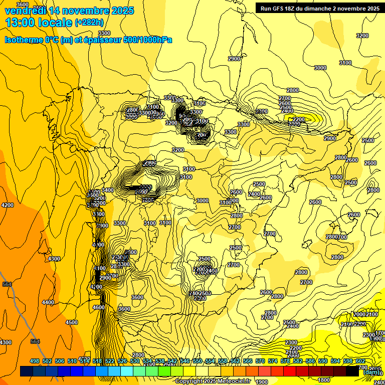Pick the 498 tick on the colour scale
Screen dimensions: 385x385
(35, 361)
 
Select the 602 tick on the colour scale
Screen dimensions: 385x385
(360, 361)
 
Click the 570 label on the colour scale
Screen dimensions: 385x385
(260, 361)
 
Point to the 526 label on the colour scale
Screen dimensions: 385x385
(122, 361)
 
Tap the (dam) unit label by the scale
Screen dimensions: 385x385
(371, 372)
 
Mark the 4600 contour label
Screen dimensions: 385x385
(99, 307)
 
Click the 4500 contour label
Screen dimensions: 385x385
(72, 322)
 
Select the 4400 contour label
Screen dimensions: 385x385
(48, 302)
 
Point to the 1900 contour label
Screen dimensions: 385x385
(262, 381)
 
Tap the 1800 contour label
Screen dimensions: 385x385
(324, 380)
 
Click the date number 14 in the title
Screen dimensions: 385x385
(59, 11)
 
